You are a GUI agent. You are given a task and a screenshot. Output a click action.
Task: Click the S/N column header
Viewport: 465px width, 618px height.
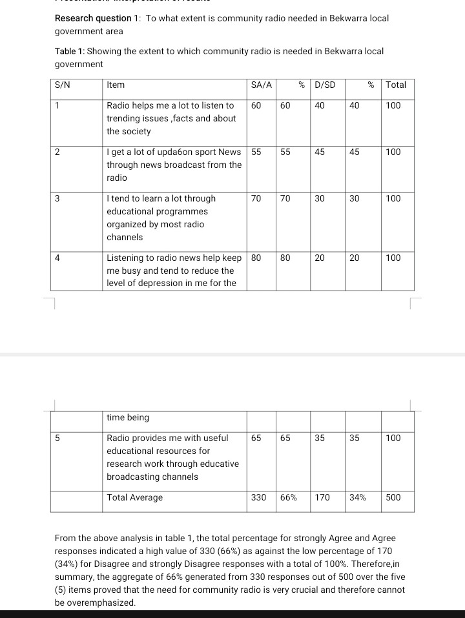click(x=63, y=85)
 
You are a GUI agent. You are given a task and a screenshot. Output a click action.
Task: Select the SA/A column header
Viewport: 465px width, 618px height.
click(x=261, y=85)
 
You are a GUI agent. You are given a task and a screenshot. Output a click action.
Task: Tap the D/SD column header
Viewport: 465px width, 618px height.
click(x=325, y=85)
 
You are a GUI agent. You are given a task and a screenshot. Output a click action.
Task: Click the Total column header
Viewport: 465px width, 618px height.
click(x=396, y=85)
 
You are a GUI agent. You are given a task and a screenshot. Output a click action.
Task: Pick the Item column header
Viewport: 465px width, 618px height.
click(x=116, y=85)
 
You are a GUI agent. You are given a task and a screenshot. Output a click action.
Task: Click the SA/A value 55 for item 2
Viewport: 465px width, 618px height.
click(x=256, y=152)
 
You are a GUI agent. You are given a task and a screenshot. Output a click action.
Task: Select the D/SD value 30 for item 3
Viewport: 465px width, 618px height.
click(x=320, y=198)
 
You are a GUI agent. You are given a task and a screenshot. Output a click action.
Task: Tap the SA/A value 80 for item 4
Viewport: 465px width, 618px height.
click(x=256, y=258)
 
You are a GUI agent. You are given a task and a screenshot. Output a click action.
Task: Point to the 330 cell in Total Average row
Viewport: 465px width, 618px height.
click(x=258, y=497)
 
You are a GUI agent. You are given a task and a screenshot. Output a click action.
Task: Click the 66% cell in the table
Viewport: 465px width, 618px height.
click(x=289, y=497)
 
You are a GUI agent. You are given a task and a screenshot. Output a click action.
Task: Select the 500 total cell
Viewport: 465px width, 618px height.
click(x=393, y=497)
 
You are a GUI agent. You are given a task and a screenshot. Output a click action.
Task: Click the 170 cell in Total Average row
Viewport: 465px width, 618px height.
click(x=322, y=497)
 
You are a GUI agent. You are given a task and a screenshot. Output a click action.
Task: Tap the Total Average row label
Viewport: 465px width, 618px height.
click(x=134, y=497)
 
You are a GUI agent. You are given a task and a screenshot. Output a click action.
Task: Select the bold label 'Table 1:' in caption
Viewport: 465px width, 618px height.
click(x=70, y=51)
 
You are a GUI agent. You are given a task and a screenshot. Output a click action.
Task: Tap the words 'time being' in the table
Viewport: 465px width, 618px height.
click(x=127, y=417)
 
